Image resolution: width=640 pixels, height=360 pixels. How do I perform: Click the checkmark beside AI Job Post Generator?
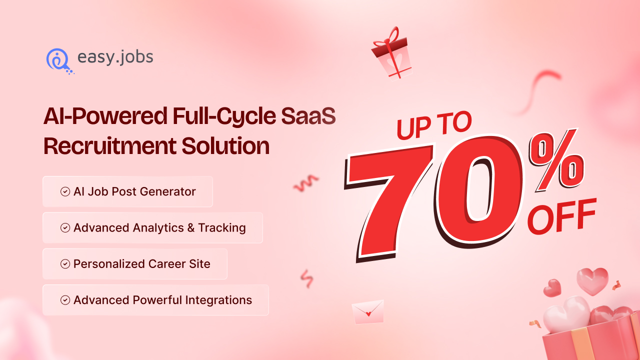coord(65,191)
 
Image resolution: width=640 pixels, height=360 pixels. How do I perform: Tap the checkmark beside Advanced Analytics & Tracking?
coord(65,228)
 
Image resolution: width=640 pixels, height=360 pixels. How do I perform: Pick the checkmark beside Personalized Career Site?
coord(65,264)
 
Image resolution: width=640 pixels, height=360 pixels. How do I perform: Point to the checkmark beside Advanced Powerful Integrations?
coord(65,300)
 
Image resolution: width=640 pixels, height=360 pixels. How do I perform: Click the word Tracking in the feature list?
coord(222,228)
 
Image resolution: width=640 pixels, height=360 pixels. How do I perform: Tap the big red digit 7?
coord(387,200)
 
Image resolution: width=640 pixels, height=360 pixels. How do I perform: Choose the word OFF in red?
coord(562,216)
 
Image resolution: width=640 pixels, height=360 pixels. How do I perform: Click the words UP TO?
coord(434,125)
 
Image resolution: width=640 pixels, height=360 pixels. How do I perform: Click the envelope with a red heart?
coord(368,312)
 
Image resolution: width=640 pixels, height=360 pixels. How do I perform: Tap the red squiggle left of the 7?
coord(306,183)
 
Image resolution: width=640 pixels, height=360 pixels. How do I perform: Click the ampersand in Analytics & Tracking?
coord(191,228)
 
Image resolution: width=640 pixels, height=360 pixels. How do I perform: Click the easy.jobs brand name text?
coord(115,57)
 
